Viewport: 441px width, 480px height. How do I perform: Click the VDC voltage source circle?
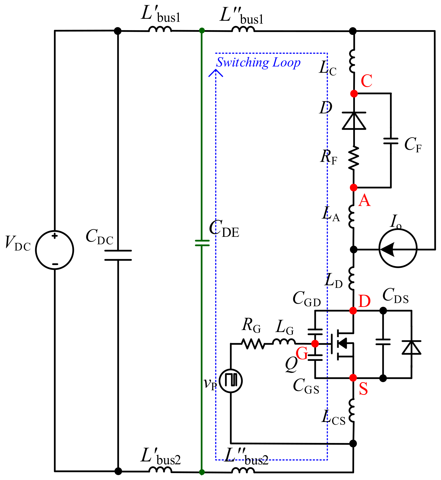[x=55, y=250]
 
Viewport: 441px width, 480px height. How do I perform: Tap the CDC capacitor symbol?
[x=118, y=255]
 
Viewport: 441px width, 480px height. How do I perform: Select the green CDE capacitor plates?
[x=202, y=243]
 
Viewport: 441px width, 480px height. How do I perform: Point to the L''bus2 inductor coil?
[x=243, y=470]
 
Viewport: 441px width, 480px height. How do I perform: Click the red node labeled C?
[x=354, y=94]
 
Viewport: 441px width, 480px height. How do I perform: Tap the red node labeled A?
[x=354, y=188]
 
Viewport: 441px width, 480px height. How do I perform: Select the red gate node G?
[x=315, y=343]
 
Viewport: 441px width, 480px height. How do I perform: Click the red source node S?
[x=353, y=378]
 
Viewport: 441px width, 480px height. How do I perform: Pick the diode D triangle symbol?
[x=354, y=121]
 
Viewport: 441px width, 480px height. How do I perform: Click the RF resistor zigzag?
[x=354, y=158]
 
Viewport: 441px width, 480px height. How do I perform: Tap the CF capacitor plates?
[x=391, y=141]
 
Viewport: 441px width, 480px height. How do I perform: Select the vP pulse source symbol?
[x=231, y=381]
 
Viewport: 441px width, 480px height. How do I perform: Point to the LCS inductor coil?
[x=352, y=410]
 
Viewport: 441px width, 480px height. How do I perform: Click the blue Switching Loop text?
[x=258, y=62]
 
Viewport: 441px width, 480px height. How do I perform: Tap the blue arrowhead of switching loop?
[x=216, y=73]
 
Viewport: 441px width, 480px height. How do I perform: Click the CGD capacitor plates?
[x=315, y=332]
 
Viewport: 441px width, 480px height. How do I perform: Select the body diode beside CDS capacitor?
[x=411, y=347]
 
